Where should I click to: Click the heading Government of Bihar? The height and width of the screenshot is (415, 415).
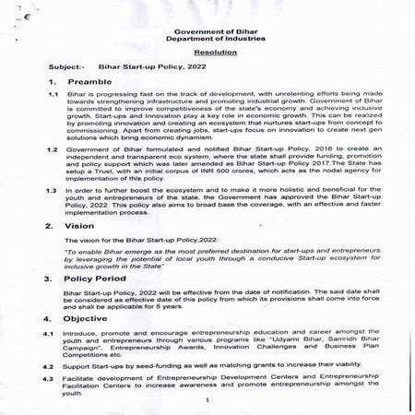207,31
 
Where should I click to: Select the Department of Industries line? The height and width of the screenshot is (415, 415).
207,40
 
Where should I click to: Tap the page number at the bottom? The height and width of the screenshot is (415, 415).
208,400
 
